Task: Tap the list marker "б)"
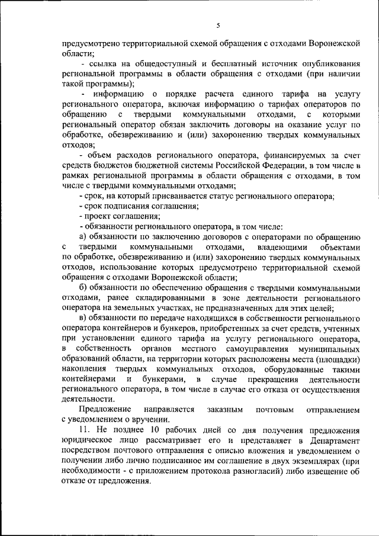(x=84, y=288)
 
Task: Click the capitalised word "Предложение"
(x=107, y=410)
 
